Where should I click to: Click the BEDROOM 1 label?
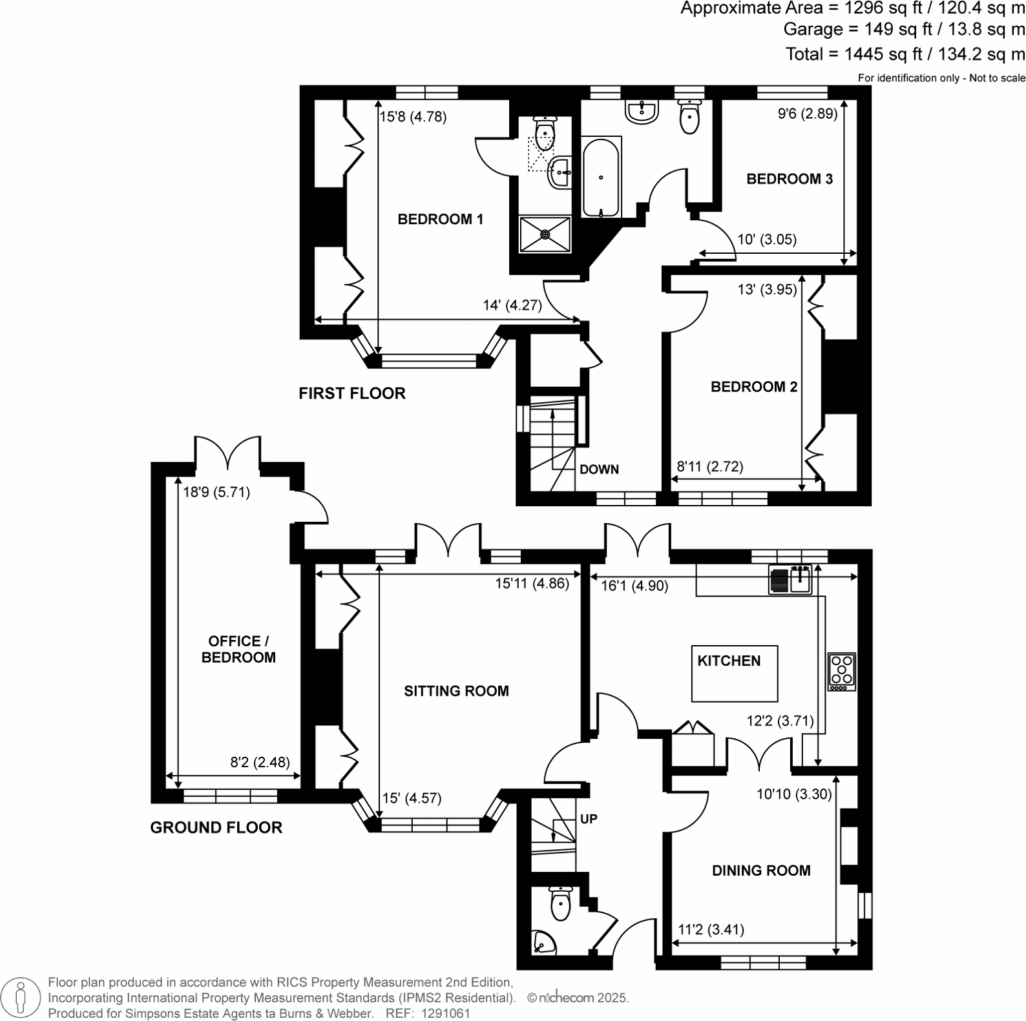point(440,220)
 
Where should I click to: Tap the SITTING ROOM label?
point(456,692)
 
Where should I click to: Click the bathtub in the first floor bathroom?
point(601,177)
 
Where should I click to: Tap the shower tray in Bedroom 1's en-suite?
point(546,234)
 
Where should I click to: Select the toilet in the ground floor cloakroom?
point(560,903)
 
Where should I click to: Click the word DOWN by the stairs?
point(599,469)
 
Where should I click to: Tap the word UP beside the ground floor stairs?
point(589,819)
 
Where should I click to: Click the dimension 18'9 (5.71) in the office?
point(216,492)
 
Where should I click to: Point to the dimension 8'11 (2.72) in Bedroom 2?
point(709,466)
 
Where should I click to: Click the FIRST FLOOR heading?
point(351,393)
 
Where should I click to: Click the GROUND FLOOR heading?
point(216,828)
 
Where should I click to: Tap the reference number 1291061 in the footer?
point(445,1013)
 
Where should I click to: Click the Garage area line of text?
point(903,29)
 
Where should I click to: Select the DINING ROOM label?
point(761,871)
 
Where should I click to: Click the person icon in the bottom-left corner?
point(21,997)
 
